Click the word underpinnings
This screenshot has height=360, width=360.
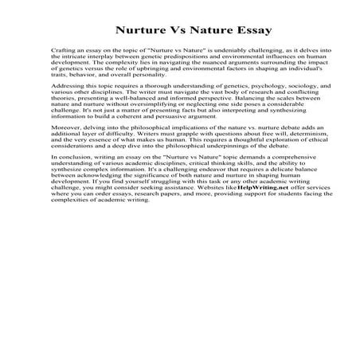coord(209,168)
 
